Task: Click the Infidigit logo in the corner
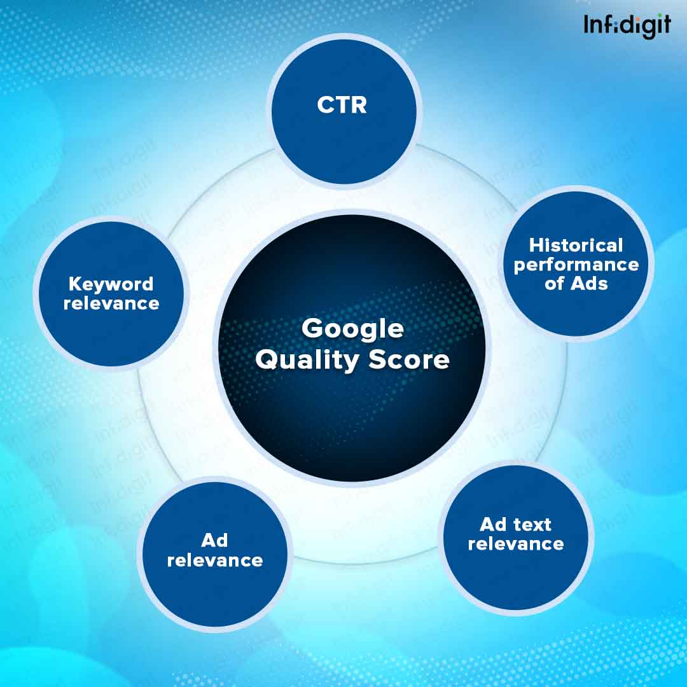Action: pos(627,25)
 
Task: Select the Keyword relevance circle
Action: pos(111,293)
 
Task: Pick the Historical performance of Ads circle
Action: pos(576,264)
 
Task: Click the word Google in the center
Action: pos(352,329)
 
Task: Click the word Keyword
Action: pos(111,284)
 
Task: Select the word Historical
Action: pos(576,245)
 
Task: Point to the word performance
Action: pos(576,265)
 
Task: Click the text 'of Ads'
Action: pos(576,284)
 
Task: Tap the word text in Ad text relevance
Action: pos(533,525)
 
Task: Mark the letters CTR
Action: pos(342,105)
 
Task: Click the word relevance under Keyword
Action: pos(111,303)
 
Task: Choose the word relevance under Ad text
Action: pos(516,544)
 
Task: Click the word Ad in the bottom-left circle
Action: pos(214,541)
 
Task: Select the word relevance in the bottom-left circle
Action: pos(214,560)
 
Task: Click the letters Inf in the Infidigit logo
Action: pos(598,25)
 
